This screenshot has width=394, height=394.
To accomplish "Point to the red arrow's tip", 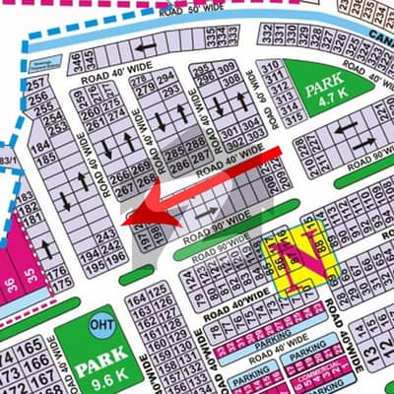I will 132,223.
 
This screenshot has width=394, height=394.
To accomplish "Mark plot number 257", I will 36,88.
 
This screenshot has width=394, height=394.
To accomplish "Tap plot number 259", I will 79,97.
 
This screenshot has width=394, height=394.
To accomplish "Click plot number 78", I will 209,316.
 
